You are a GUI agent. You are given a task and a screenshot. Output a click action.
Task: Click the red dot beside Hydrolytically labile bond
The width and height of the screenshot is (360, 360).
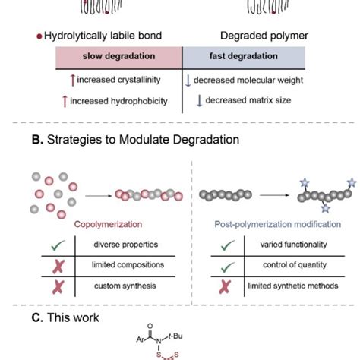(x=39, y=36)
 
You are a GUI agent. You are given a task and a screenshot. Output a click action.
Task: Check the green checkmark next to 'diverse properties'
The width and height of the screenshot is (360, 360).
(x=58, y=245)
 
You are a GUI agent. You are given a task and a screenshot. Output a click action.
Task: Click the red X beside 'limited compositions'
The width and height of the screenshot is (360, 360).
(x=58, y=264)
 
